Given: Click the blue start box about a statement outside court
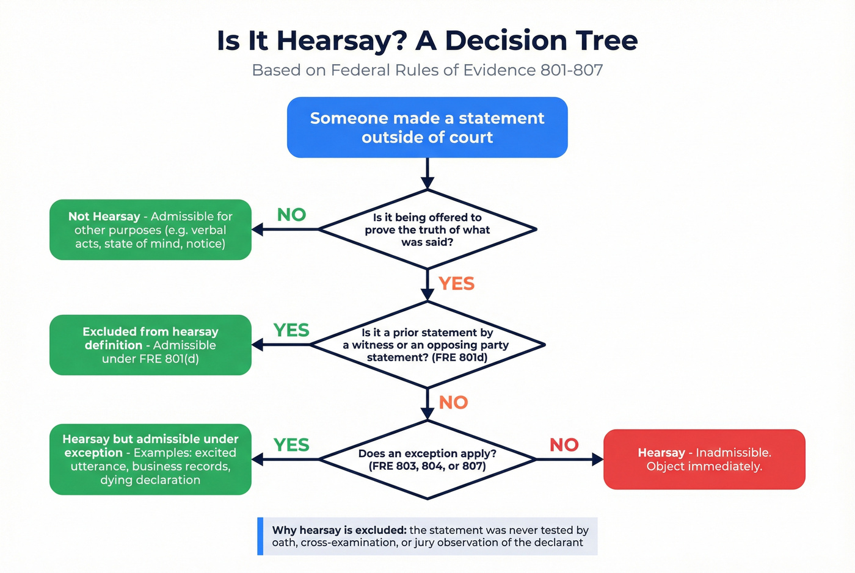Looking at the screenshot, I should tap(427, 128).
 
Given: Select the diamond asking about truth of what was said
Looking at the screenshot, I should tap(427, 229).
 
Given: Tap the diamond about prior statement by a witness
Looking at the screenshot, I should tap(427, 345).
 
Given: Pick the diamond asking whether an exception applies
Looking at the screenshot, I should tap(427, 459).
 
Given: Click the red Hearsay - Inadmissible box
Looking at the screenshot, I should tap(704, 459).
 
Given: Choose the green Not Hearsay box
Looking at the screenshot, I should tap(150, 230).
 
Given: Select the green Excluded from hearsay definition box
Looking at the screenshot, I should tap(150, 345).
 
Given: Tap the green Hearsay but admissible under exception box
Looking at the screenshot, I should tap(150, 459).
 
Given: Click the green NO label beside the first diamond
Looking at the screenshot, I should tap(291, 215).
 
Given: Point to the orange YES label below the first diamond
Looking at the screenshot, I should tap(456, 284).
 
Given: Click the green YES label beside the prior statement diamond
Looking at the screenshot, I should tap(291, 330).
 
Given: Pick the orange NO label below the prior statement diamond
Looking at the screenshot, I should tap(453, 403).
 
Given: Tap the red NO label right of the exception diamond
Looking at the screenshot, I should tap(564, 445).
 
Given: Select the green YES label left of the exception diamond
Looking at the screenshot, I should tap(291, 445).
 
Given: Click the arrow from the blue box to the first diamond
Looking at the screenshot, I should tap(428, 173).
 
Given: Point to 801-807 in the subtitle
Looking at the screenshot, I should tap(571, 70).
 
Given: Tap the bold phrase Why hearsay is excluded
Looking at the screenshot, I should tap(339, 530).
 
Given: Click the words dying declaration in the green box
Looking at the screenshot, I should tap(150, 480).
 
